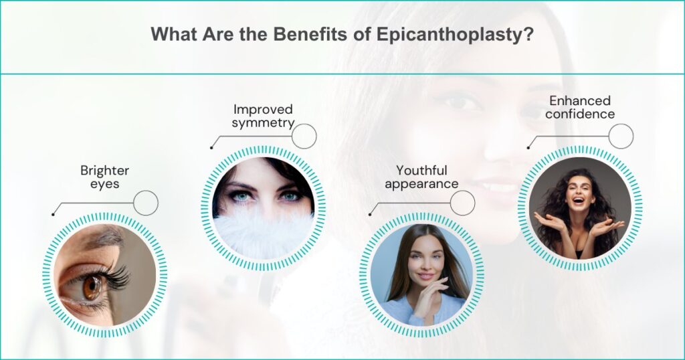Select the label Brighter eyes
tap(104, 177)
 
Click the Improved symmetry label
tap(263, 115)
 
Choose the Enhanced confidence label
tap(579, 107)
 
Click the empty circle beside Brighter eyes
tap(146, 203)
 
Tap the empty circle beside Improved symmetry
tap(304, 136)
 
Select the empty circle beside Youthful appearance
tap(462, 203)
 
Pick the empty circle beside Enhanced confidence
tap(621, 136)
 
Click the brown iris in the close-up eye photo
tap(92, 288)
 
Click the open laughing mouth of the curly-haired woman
tap(579, 200)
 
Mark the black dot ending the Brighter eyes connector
tap(52, 214)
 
